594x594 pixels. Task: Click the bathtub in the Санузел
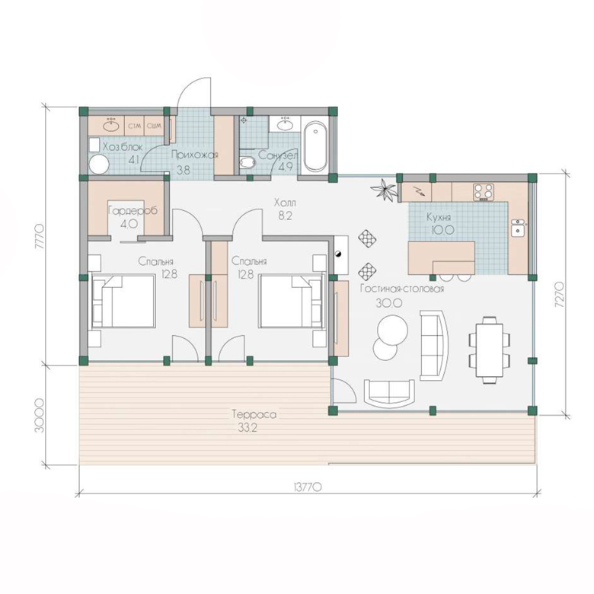(315, 146)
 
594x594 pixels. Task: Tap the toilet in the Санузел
(247, 162)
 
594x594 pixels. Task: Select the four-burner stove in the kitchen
(484, 192)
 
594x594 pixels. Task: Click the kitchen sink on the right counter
(517, 227)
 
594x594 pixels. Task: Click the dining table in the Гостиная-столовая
(490, 350)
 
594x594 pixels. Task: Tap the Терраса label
(254, 414)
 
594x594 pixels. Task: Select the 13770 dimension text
(307, 487)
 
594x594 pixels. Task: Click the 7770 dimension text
(40, 237)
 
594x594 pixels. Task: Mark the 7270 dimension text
(560, 294)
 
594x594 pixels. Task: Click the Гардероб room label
(133, 211)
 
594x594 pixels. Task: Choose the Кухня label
(439, 218)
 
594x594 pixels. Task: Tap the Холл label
(285, 203)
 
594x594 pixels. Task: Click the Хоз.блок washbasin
(111, 126)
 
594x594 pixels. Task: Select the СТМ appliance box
(135, 126)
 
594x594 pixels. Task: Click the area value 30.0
(383, 302)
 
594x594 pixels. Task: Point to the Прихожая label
(194, 155)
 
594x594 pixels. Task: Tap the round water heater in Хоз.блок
(99, 164)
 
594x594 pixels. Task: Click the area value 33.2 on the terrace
(247, 428)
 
